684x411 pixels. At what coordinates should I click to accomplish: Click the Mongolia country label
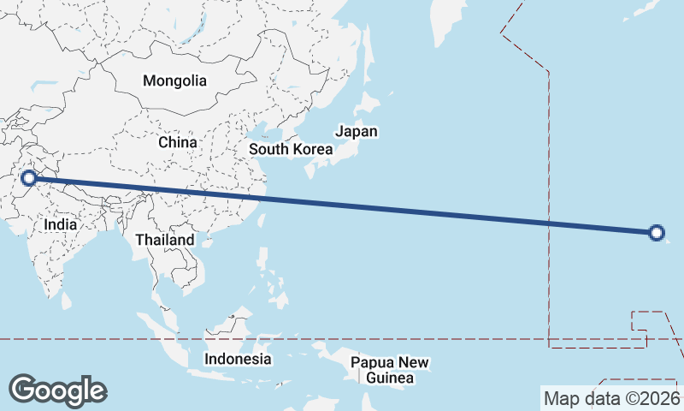pyautogui.click(x=174, y=81)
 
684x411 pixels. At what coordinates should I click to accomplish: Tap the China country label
pyautogui.click(x=178, y=142)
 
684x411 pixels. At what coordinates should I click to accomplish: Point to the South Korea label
pyautogui.click(x=290, y=149)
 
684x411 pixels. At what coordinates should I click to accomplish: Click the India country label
pyautogui.click(x=61, y=224)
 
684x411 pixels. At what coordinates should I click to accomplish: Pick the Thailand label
pyautogui.click(x=164, y=241)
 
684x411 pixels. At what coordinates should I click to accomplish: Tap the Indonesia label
pyautogui.click(x=238, y=359)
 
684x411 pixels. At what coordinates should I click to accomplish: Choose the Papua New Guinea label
pyautogui.click(x=389, y=370)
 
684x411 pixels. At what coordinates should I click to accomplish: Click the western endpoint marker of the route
pyautogui.click(x=28, y=178)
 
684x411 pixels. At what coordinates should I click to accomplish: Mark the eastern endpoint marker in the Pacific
pyautogui.click(x=656, y=232)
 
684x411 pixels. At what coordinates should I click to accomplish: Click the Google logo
pyautogui.click(x=57, y=390)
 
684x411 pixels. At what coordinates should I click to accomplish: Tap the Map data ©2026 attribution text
pyautogui.click(x=611, y=398)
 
